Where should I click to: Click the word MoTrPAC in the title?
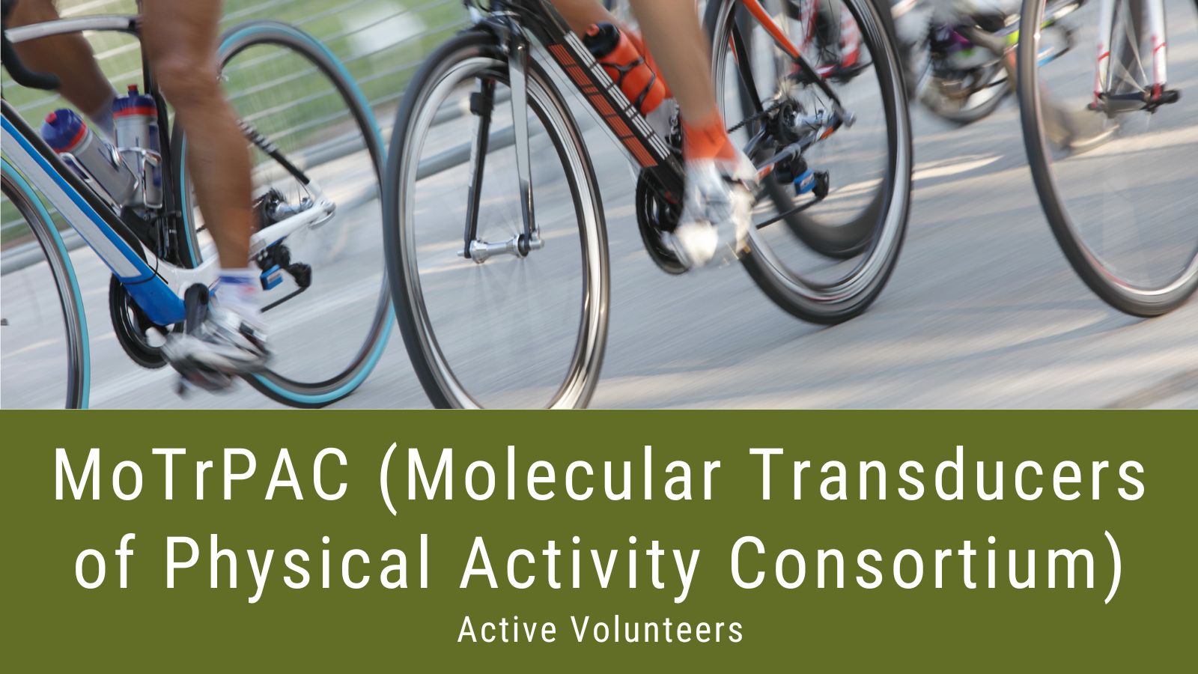[x=201, y=475]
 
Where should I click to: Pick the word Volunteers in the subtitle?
[x=658, y=630]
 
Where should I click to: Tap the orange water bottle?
[x=626, y=67]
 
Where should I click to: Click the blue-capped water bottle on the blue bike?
[x=88, y=155]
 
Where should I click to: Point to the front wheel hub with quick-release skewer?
[x=500, y=247]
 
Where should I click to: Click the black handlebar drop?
[x=27, y=64]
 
